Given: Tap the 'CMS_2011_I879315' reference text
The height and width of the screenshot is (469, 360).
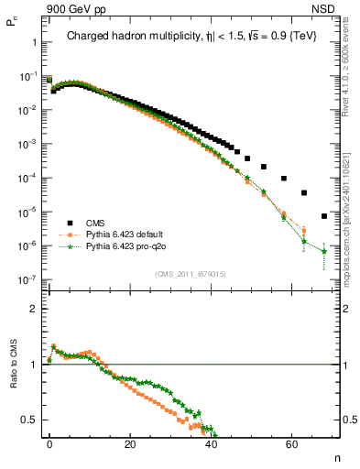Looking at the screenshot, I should pos(191,274).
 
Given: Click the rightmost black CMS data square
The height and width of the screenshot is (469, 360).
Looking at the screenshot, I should pos(324,217).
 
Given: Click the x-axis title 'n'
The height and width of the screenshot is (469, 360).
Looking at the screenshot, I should pos(335,455).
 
